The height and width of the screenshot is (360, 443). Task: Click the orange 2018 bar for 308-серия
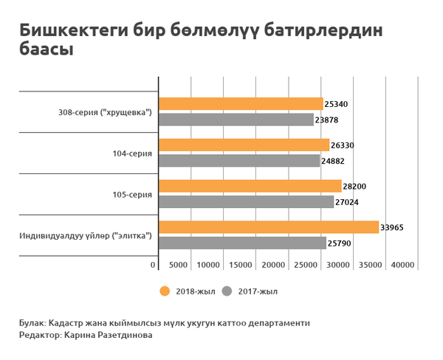241,104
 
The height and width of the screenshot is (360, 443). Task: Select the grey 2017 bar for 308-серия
236,120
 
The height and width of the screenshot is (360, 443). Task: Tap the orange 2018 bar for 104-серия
244,145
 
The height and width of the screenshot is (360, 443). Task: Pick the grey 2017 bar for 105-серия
246,201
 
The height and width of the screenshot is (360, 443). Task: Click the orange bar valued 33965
269,227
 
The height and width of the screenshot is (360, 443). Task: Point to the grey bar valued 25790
242,243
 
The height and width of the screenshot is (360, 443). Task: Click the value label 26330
343,145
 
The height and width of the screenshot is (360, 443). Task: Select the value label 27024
348,201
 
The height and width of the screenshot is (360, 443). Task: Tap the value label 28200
355,187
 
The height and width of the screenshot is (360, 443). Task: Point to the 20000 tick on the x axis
274,265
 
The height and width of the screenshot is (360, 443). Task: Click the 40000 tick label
403,265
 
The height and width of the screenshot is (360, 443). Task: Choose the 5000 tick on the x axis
178,265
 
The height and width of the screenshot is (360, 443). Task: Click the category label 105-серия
132,195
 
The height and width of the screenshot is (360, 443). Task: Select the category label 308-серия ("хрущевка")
105,112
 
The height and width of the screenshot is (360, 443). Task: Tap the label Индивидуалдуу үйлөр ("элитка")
86,236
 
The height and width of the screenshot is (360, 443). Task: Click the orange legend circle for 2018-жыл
165,291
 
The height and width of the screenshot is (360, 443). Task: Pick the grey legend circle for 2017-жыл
227,291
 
